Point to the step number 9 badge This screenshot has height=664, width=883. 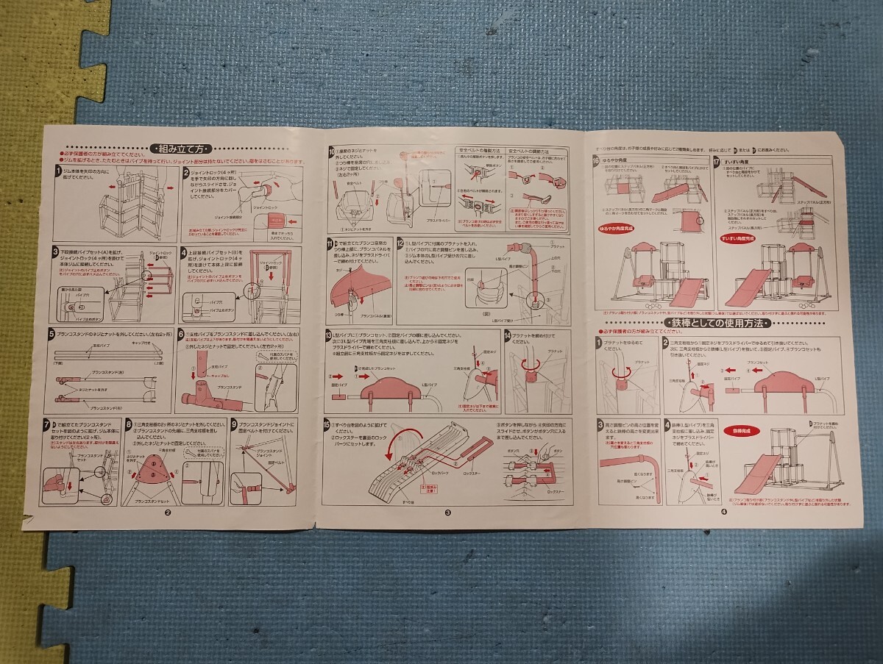[x=233, y=423]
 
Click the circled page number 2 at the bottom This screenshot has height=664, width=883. [x=168, y=513]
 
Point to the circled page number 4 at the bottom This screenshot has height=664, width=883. [x=724, y=513]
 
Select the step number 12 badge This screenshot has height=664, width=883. [x=400, y=243]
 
